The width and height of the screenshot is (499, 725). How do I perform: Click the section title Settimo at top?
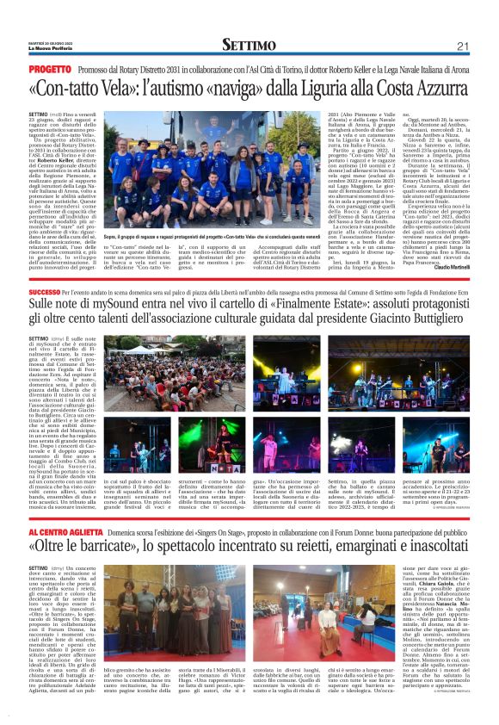click(x=249, y=45)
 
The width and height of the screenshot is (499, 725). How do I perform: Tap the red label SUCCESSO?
click(x=50, y=293)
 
